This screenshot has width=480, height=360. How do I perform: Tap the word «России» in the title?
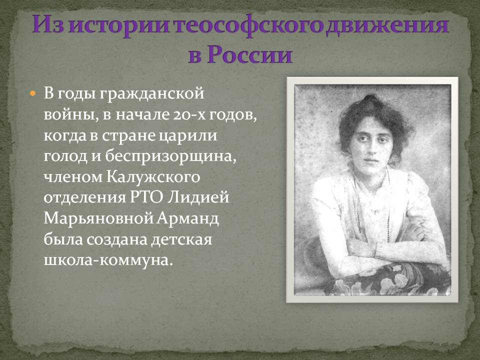pyautogui.click(x=249, y=54)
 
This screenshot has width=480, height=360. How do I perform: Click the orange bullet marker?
pyautogui.click(x=33, y=93)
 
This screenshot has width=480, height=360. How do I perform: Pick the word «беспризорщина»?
pyautogui.click(x=170, y=156)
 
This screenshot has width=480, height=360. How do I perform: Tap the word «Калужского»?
pyautogui.click(x=153, y=177)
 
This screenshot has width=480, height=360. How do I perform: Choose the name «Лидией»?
pyautogui.click(x=198, y=198)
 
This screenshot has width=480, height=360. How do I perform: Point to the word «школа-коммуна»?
pyautogui.click(x=107, y=260)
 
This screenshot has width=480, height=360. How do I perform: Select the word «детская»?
pyautogui.click(x=181, y=239)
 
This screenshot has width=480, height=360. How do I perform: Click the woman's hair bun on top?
pyautogui.click(x=370, y=100)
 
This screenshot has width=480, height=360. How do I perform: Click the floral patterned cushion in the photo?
pyautogui.click(x=389, y=279)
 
